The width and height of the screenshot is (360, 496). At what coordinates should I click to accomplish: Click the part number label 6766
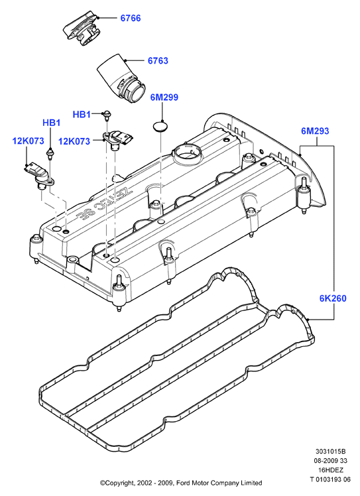pyautogui.click(x=131, y=18)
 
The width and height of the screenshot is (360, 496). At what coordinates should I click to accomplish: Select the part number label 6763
pyautogui.click(x=158, y=60)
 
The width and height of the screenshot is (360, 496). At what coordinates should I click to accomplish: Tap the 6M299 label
pyautogui.click(x=164, y=97)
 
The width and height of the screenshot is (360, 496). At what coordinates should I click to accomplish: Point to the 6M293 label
pyautogui.click(x=315, y=131)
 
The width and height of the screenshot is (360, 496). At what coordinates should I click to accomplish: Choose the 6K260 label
pyautogui.click(x=333, y=298)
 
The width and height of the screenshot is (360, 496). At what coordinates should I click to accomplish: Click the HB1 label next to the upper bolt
pyautogui.click(x=82, y=114)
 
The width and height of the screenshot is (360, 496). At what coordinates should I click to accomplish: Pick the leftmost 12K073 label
pyautogui.click(x=28, y=141)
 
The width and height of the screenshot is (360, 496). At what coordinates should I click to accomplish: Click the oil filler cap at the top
pyautogui.click(x=82, y=29)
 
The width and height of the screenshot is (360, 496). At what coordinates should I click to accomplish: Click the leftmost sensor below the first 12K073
pyautogui.click(x=40, y=176)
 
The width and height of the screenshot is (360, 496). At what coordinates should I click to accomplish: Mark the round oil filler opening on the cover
pyautogui.click(x=188, y=153)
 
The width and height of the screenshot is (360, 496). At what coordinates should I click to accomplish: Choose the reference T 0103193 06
pyautogui.click(x=330, y=479)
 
